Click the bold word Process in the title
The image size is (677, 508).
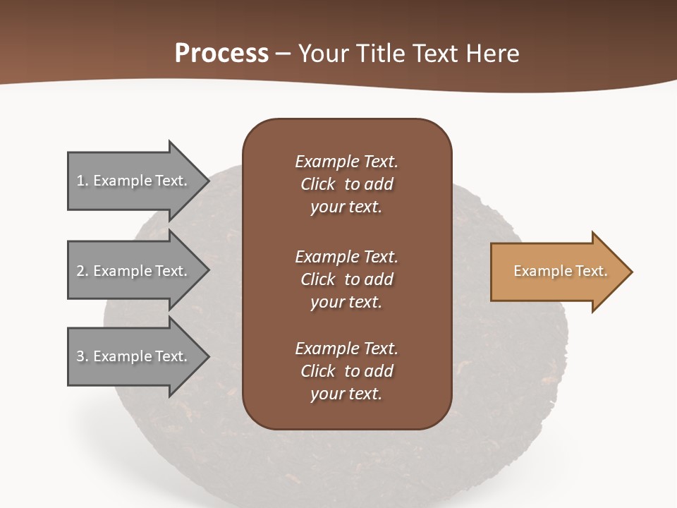click(221, 54)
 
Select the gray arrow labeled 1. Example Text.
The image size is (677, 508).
click(134, 181)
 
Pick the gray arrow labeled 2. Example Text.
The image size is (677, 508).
click(134, 271)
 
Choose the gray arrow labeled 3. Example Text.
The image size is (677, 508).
click(134, 356)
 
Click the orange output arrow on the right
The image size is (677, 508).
click(557, 272)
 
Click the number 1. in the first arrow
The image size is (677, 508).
click(83, 181)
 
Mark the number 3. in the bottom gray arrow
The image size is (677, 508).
click(83, 357)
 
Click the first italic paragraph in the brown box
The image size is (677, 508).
click(346, 184)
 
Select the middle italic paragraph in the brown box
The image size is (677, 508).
click(346, 279)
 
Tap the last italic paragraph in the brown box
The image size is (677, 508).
click(346, 371)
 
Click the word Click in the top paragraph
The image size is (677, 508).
click(318, 185)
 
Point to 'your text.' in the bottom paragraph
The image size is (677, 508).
click(346, 394)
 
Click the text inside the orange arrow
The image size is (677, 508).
click(560, 271)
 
